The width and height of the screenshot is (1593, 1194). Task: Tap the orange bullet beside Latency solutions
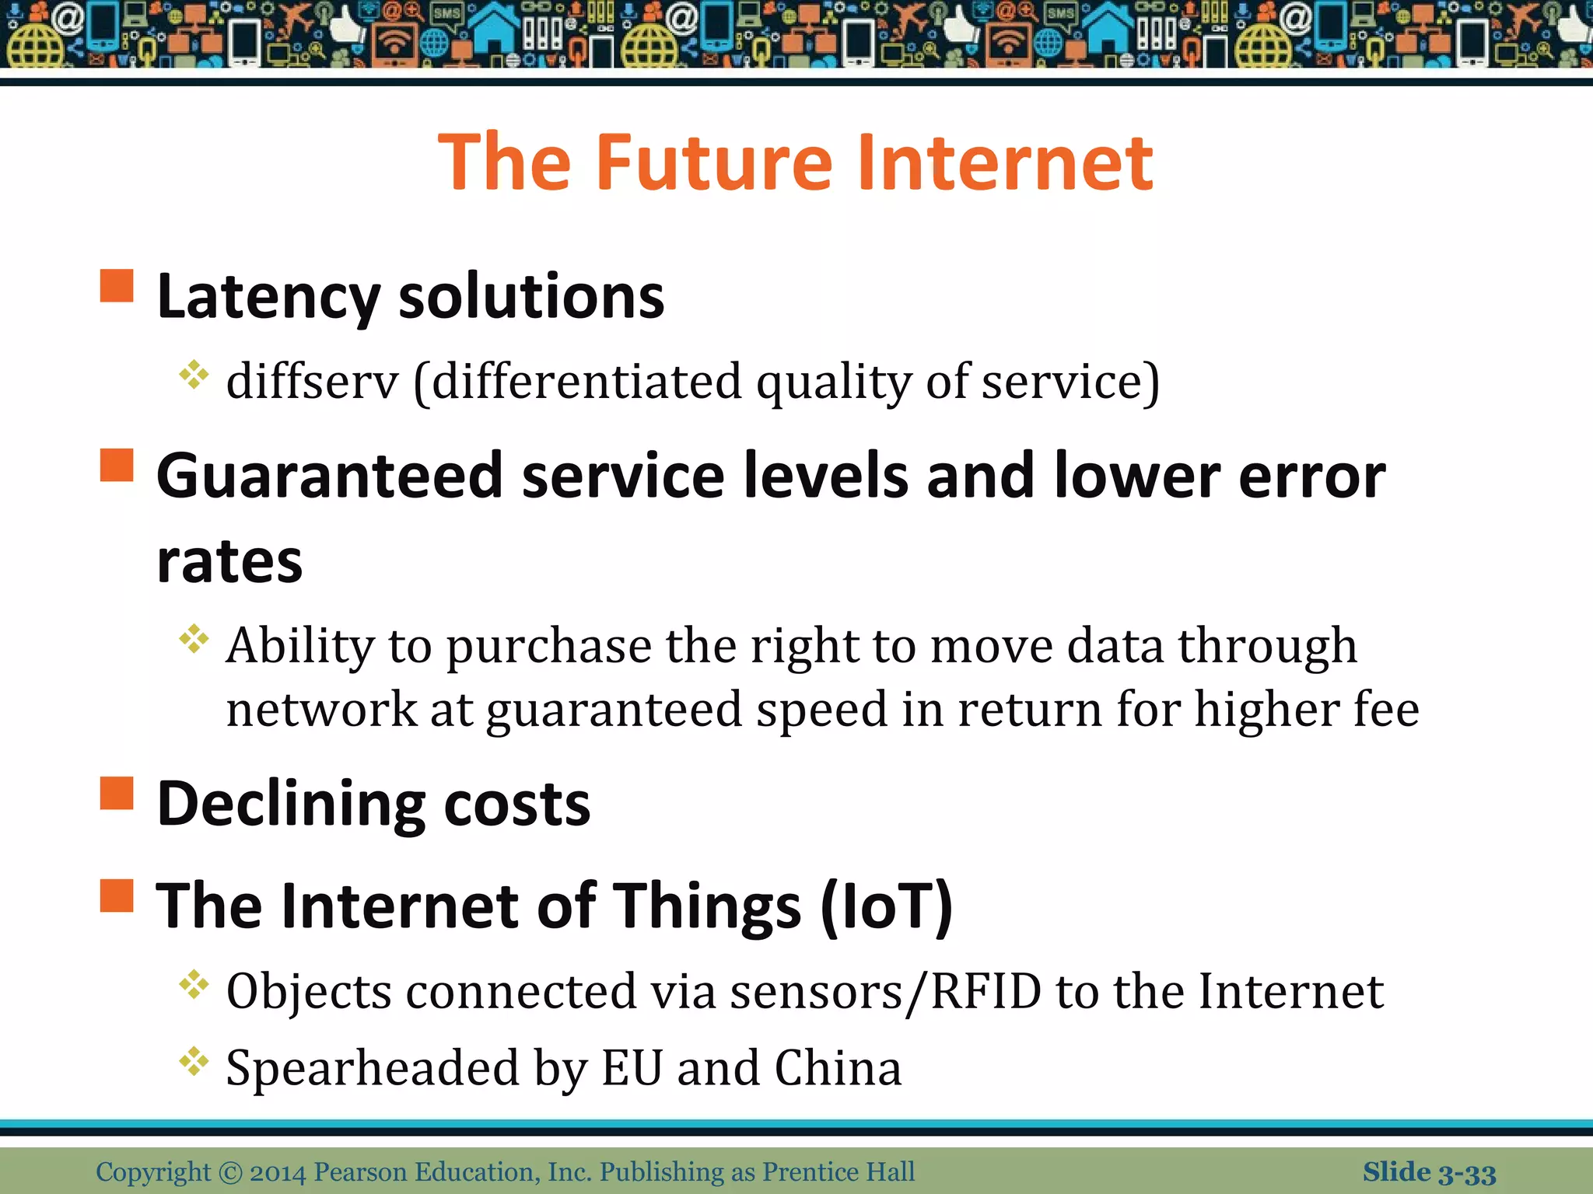coord(117,285)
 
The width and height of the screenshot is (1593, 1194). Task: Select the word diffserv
coord(312,382)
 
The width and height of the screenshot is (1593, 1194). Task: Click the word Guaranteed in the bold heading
coord(330,476)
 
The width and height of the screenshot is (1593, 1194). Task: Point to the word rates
coord(229,561)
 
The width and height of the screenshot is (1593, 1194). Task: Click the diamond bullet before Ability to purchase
coord(194,640)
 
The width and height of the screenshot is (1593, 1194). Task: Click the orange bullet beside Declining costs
coord(117,793)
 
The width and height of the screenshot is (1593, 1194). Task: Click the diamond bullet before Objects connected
coord(194,986)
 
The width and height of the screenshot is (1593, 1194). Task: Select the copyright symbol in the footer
coord(231,1172)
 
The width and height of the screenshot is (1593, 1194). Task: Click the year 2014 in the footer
coord(278,1172)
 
